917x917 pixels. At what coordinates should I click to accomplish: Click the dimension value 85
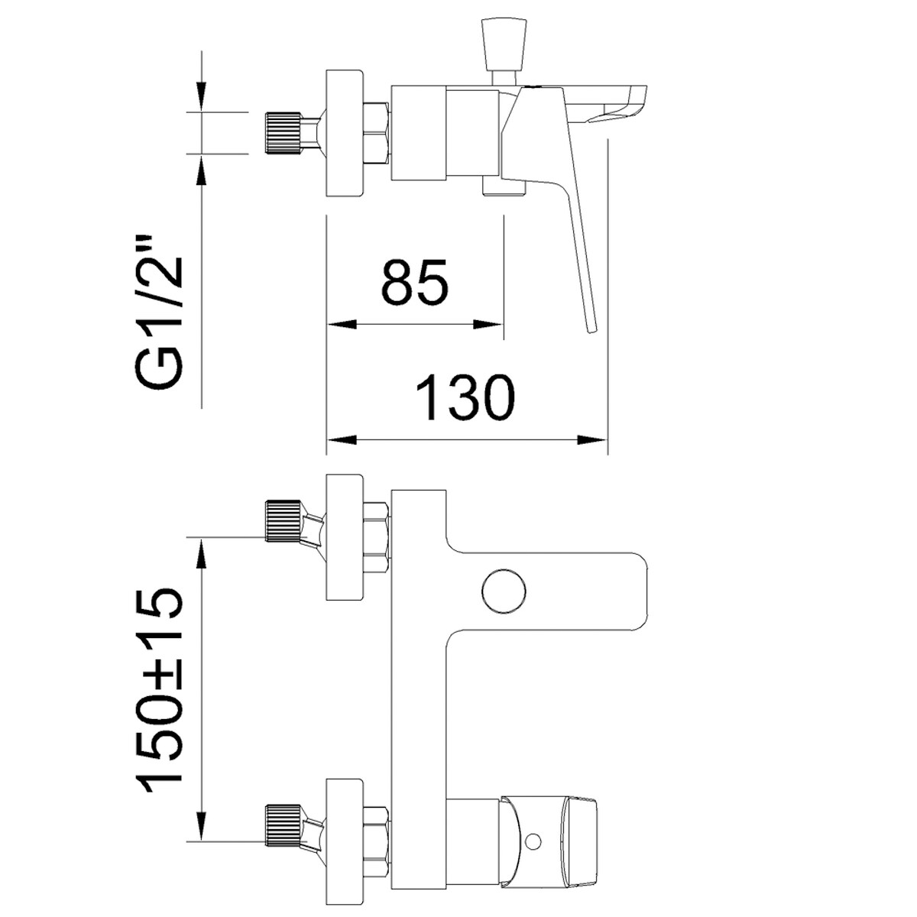pos(415,282)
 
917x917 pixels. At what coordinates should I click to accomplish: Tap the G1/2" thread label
pos(160,311)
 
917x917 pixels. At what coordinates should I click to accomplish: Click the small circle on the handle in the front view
pos(534,842)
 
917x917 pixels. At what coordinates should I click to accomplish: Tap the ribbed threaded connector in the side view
pos(284,133)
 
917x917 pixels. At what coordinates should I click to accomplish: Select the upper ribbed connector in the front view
pos(284,521)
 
